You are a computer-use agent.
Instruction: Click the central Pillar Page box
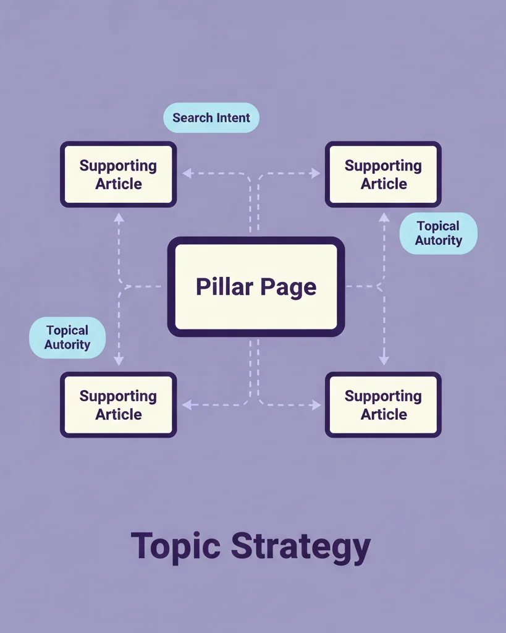coord(256,286)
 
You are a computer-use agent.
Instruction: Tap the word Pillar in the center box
coord(224,287)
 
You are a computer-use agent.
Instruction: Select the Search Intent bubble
coord(211,117)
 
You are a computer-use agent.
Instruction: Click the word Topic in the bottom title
coord(175,546)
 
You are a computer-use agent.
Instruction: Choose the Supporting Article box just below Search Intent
coord(118,174)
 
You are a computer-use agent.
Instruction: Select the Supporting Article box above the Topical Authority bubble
coord(383,174)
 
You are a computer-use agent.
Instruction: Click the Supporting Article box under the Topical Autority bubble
coord(118,405)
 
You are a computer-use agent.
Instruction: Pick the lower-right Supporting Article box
coord(383,405)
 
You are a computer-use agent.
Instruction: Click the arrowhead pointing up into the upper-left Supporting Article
coord(119,217)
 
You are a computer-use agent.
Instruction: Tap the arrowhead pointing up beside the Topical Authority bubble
coord(384,217)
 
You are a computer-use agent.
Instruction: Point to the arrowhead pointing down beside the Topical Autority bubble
coord(119,360)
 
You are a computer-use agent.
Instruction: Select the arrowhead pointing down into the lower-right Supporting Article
coord(384,360)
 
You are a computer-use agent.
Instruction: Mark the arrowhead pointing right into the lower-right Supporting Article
coord(316,405)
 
